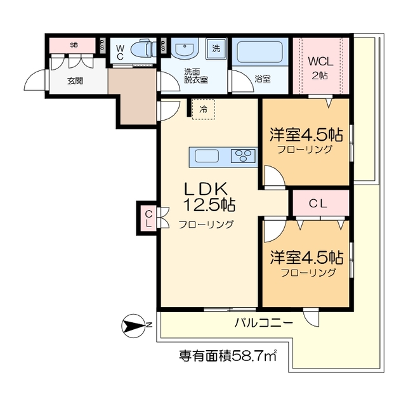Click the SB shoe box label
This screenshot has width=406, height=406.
[x=74, y=45]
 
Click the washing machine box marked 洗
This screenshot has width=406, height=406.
[x=216, y=49]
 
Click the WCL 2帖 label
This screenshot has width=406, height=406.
[x=319, y=67]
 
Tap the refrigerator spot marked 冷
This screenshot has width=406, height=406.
[x=203, y=109]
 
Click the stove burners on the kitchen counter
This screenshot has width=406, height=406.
[x=244, y=156]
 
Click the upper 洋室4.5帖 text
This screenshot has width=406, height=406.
[x=306, y=134]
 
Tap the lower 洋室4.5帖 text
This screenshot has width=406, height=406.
[x=307, y=258]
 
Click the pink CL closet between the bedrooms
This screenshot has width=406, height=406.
[x=320, y=204]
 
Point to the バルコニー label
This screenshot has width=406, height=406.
[x=263, y=322]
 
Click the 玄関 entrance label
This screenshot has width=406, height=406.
[x=74, y=81]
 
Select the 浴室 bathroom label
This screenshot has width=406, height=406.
[x=262, y=79]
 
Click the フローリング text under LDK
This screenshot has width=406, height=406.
[x=206, y=224]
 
